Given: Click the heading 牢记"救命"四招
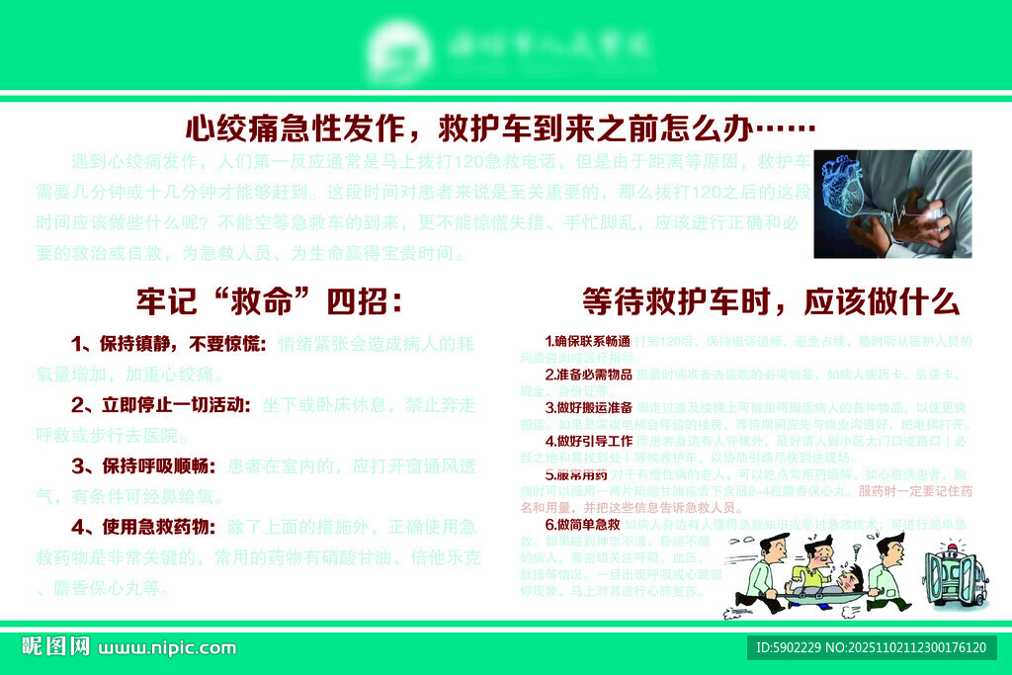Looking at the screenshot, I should (269, 301).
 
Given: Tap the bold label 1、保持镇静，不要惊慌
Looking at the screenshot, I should (169, 344).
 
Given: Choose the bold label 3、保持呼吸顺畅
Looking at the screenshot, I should (145, 465).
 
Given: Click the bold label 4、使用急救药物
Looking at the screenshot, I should (145, 527).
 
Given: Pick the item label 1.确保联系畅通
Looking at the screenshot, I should (587, 341).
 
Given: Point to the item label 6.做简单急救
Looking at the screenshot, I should (582, 524).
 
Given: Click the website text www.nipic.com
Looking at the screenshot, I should (168, 648).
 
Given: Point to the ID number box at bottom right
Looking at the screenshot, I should (871, 647).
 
